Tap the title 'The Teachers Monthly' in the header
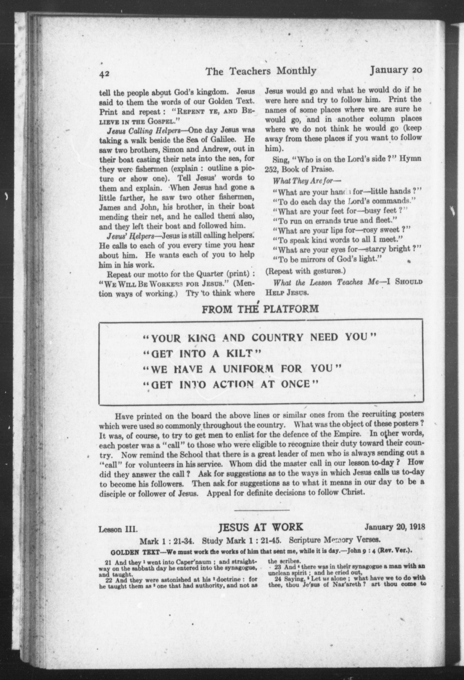[x=261, y=71]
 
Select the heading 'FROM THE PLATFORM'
[x=260, y=309]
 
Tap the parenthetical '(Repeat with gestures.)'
[x=305, y=271]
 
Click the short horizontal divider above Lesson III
[x=262, y=510]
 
